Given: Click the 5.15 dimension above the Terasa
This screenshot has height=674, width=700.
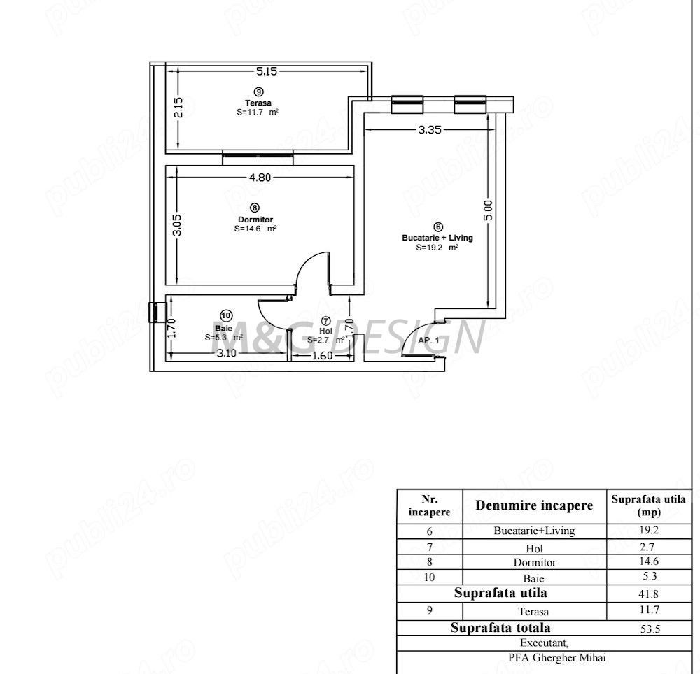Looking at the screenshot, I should point(267,71).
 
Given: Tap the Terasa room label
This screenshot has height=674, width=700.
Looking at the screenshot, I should point(258,102).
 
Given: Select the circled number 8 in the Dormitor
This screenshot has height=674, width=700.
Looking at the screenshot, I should point(254,208).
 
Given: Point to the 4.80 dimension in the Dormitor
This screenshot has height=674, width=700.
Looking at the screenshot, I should point(260,177).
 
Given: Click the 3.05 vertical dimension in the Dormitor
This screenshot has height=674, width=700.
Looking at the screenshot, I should point(178,225).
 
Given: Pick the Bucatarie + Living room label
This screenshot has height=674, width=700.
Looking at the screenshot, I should point(437,238).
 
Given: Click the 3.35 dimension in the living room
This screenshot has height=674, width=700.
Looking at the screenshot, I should point(429,129).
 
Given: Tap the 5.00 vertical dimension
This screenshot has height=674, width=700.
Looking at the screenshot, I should point(488,210).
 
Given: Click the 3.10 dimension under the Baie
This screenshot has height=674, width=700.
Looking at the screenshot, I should point(226,353).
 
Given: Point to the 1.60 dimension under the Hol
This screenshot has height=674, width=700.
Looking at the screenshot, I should point(321,355).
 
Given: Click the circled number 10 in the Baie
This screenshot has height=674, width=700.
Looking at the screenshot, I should point(225,315).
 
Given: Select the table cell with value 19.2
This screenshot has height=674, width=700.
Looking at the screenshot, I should point(647,530).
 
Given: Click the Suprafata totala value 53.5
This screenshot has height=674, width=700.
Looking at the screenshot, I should point(647,629).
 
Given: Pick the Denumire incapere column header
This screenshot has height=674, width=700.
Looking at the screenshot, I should point(534,505).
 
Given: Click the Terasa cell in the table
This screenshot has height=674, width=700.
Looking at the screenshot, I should point(534,611).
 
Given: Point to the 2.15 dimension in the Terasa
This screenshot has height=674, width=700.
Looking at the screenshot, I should point(178,109).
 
